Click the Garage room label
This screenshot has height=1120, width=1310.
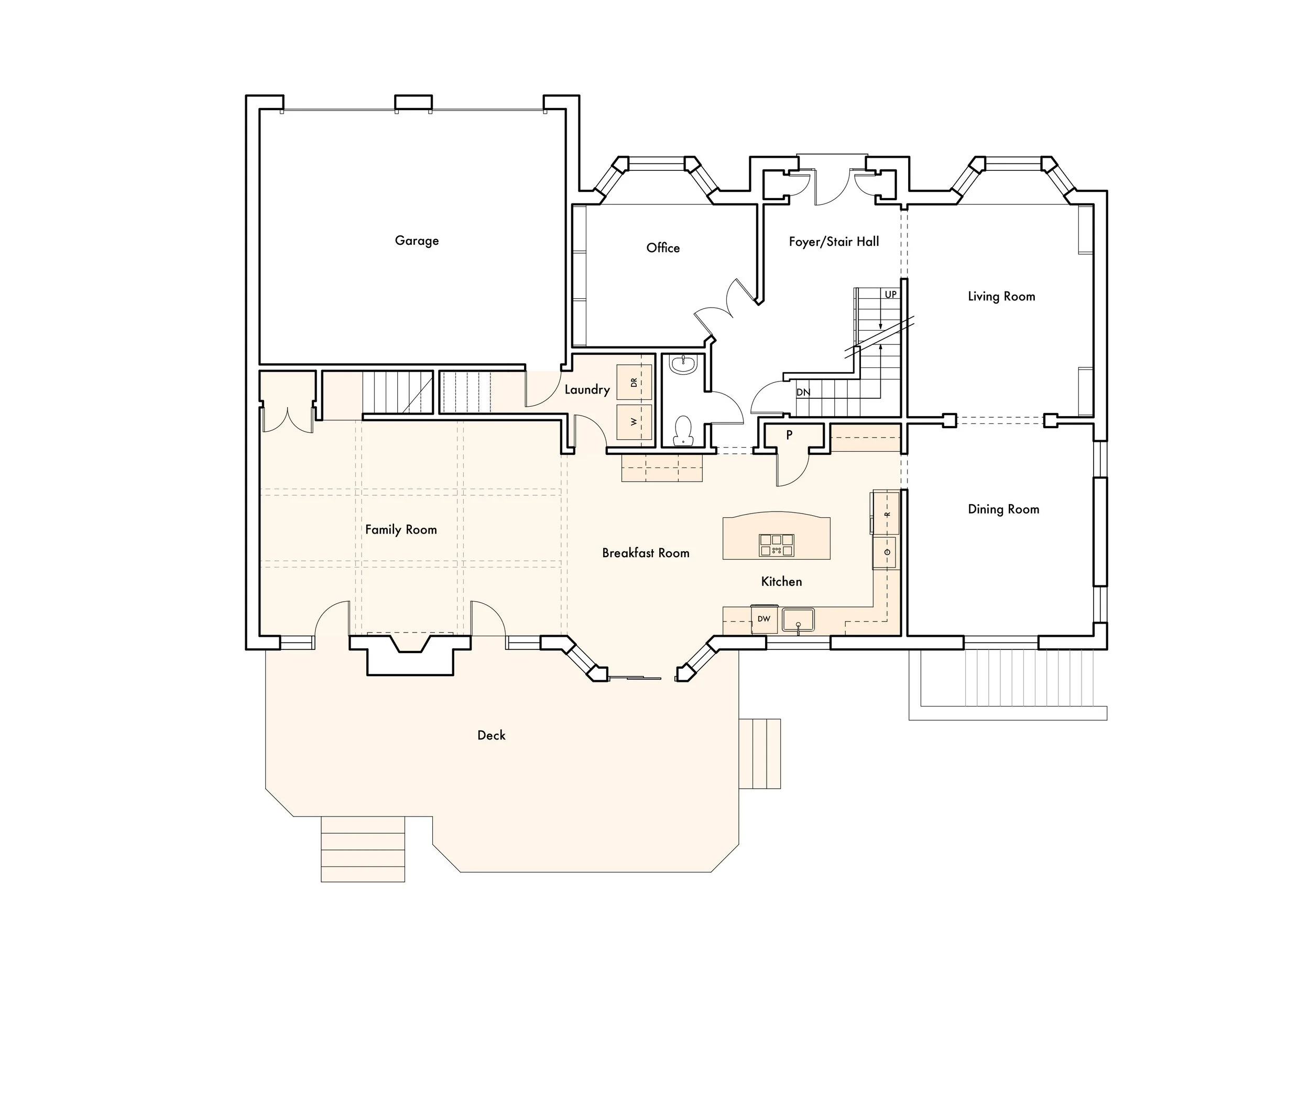tap(417, 241)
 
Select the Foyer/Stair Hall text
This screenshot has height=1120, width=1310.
tap(834, 242)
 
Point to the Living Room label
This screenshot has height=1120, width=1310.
tap(1001, 297)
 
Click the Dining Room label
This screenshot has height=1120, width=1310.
tap(1003, 509)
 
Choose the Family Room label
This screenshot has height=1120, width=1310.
tap(401, 530)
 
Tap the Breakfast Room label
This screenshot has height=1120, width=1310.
tap(646, 553)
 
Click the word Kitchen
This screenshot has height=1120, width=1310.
tap(781, 582)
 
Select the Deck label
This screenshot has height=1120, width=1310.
tap(492, 735)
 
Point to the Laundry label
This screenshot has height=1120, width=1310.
tap(587, 389)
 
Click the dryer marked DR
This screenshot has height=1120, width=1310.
tap(634, 382)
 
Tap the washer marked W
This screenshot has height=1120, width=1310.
tap(634, 422)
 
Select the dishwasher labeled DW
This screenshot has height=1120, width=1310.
tap(764, 619)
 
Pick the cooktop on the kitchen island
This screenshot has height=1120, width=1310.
tap(777, 545)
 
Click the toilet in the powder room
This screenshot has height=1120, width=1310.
tap(683, 431)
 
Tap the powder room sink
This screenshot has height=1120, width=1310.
tap(683, 364)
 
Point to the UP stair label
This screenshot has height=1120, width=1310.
tap(890, 295)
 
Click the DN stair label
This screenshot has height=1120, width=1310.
tap(803, 392)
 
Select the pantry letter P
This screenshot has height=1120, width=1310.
tap(789, 435)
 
